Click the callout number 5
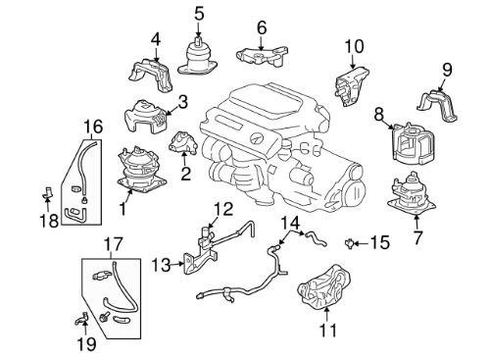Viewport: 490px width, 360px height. point(199,14)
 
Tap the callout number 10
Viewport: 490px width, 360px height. point(354,46)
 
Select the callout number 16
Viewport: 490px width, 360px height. point(93,127)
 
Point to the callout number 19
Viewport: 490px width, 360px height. point(86,343)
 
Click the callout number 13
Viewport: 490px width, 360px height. point(162,265)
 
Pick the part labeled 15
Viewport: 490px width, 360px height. point(349,243)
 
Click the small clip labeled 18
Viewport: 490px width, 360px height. point(47,192)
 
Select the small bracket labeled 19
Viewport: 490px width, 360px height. point(81,318)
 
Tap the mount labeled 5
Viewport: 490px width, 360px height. point(198,57)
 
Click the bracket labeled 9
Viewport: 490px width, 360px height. point(437,107)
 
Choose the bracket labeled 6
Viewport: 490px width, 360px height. point(263,57)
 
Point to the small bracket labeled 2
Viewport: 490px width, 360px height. point(182,143)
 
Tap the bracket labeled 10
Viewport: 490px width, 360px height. point(351,86)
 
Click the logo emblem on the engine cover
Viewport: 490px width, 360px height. point(256,139)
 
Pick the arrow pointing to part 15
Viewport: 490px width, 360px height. point(361,243)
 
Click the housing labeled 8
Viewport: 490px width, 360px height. point(414,143)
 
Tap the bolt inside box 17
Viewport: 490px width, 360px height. point(104,317)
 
